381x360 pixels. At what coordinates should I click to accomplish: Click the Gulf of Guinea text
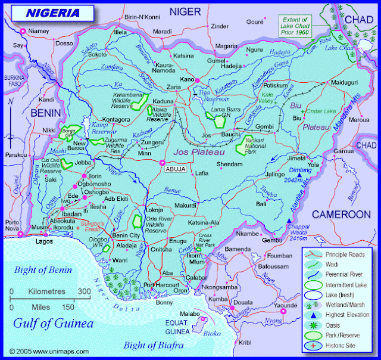54,324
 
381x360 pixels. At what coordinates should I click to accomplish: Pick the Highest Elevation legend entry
347,315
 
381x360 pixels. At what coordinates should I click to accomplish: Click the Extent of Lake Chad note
296,26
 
